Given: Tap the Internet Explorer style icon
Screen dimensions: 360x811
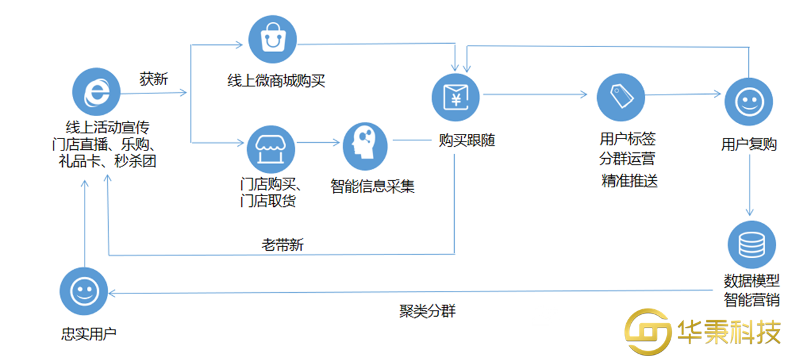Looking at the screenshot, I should [96, 93].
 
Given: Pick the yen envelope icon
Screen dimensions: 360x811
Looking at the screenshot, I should [456, 97].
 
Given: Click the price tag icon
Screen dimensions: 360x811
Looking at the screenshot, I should [620, 97].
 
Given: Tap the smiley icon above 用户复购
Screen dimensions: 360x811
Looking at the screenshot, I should [749, 102].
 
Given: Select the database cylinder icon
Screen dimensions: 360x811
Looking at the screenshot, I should [752, 244].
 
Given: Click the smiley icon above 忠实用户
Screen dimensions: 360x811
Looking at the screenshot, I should [83, 291].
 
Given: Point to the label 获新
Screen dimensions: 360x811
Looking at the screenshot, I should [154, 79].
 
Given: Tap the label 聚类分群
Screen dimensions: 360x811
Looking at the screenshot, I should [427, 311].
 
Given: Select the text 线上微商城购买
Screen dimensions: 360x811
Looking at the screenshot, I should [276, 81].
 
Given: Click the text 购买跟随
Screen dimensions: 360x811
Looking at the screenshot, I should [467, 141].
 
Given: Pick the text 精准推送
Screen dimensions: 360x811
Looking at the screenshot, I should [629, 181].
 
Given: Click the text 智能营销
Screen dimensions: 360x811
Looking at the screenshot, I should [751, 299].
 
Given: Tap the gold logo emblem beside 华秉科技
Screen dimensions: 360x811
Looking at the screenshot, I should [647, 331].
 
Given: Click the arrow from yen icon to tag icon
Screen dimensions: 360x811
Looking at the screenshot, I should [537, 95].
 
